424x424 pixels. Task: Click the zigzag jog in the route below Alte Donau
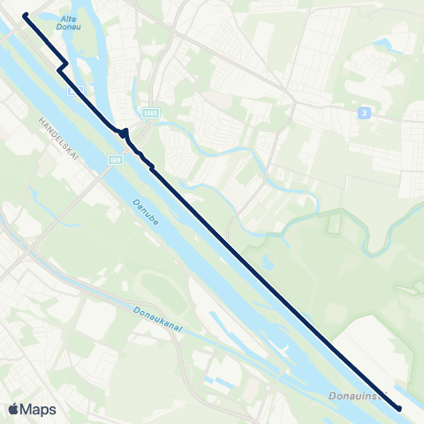pyautogui.click(x=61, y=68)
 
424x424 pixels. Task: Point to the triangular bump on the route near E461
pyautogui.click(x=126, y=132)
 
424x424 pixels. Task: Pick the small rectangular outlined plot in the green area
pyautogui.click(x=334, y=223)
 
